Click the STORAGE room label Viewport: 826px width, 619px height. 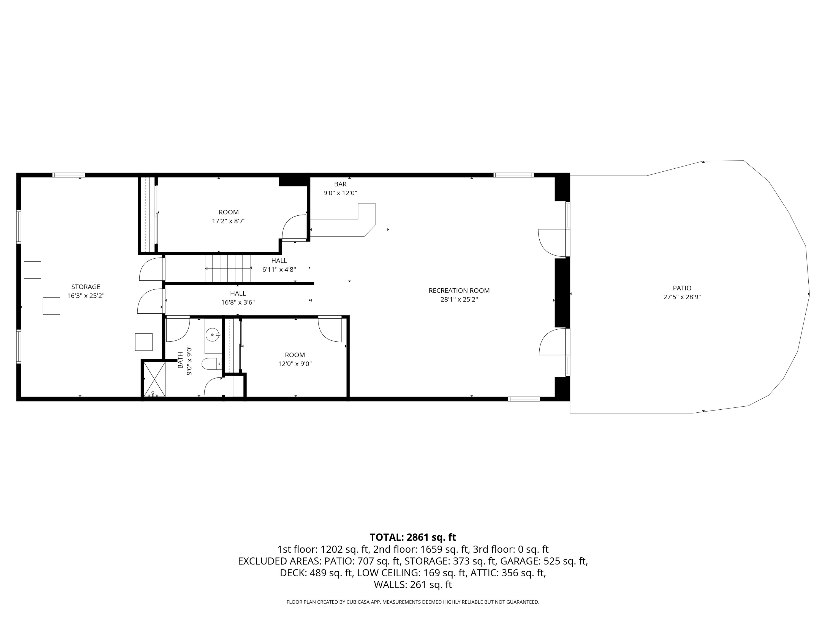(86, 287)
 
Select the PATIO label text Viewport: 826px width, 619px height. (682, 288)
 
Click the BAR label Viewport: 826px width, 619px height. (340, 184)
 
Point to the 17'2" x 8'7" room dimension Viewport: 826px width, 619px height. (229, 221)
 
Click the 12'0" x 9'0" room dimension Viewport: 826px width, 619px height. (295, 364)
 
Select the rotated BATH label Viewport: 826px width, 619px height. (180, 360)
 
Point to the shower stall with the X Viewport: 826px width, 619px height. (154, 379)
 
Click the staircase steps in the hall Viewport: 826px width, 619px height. (228, 268)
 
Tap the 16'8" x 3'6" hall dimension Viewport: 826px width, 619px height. (238, 303)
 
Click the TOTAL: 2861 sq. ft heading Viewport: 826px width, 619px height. (413, 537)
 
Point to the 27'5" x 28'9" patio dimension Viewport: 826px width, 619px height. (682, 297)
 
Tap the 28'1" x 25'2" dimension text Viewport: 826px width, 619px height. (459, 300)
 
